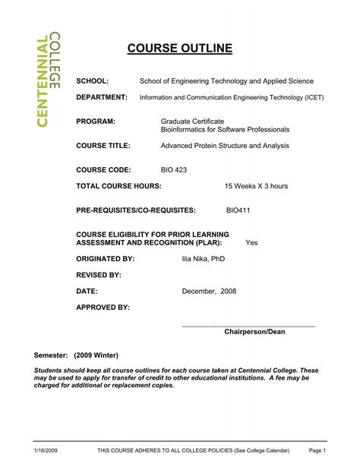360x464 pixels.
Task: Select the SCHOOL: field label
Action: point(93,80)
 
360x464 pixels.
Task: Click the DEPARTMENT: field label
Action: point(102,97)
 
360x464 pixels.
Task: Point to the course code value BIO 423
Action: point(174,170)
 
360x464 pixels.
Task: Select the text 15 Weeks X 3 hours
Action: point(256,185)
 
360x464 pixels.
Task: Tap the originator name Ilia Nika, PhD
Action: point(204,259)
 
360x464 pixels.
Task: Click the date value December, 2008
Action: point(209,291)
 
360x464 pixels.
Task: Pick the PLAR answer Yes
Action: point(251,243)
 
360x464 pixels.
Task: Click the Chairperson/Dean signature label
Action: point(254,332)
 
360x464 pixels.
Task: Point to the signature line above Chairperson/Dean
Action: point(248,325)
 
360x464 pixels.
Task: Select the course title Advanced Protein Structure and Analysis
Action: point(226,145)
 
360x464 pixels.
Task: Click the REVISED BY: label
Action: point(99,275)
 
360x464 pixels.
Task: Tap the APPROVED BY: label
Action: point(103,307)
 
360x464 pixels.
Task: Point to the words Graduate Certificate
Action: point(192,122)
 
